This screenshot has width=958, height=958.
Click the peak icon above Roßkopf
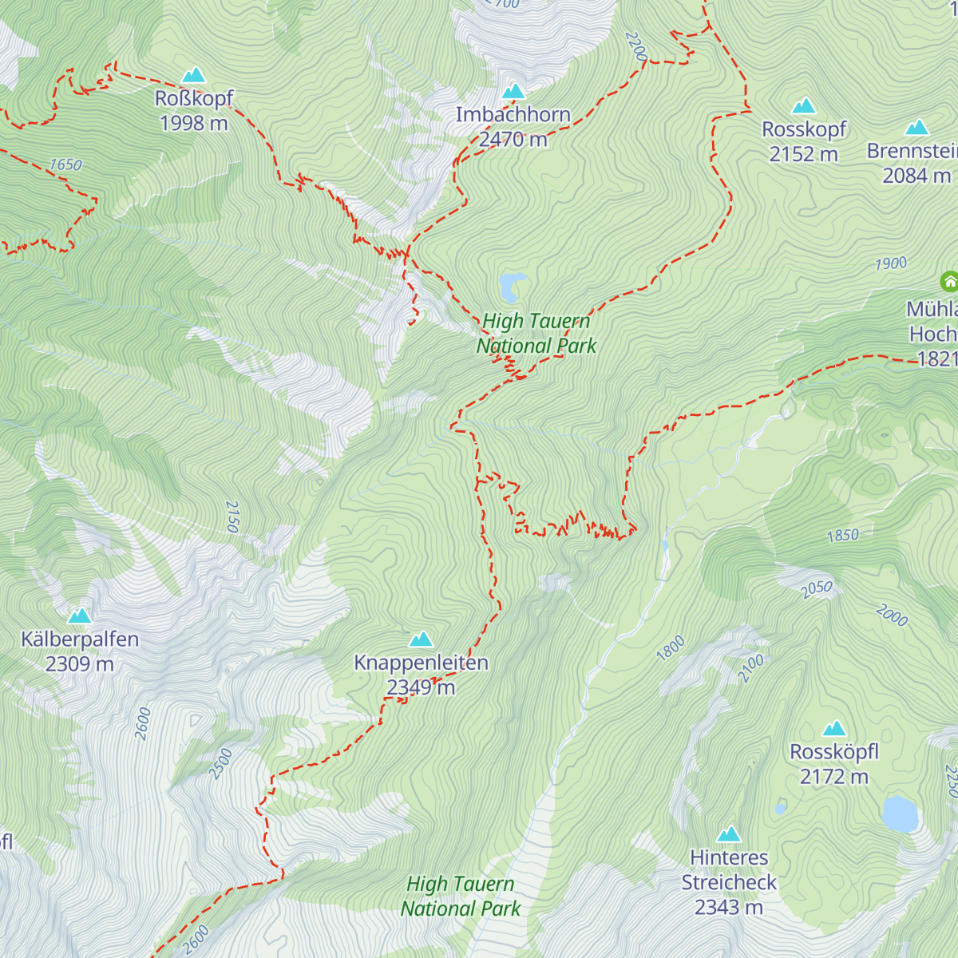point(193,76)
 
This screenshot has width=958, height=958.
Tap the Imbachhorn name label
point(513,115)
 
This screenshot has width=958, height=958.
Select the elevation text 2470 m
point(513,140)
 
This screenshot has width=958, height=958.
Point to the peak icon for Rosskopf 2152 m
point(804,106)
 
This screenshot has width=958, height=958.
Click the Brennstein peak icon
point(917,128)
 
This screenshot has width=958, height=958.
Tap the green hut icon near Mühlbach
point(949,281)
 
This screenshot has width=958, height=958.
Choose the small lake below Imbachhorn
point(512,285)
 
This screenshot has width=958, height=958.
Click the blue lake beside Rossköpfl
point(900,814)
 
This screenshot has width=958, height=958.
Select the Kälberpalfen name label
point(80,639)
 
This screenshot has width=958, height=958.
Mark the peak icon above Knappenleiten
point(421,639)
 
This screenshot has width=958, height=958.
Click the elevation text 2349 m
point(421,687)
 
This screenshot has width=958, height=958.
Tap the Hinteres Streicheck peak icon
point(728,835)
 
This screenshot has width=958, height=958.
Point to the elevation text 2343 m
point(728,907)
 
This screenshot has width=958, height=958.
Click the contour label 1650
point(65,164)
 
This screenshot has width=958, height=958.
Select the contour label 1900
point(891,263)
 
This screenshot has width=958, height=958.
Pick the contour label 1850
point(843,536)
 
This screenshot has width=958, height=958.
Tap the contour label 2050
point(817,589)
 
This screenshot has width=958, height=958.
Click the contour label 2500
point(220,763)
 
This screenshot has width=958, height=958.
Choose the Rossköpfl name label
point(834,752)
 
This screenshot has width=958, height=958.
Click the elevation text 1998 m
point(193,123)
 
